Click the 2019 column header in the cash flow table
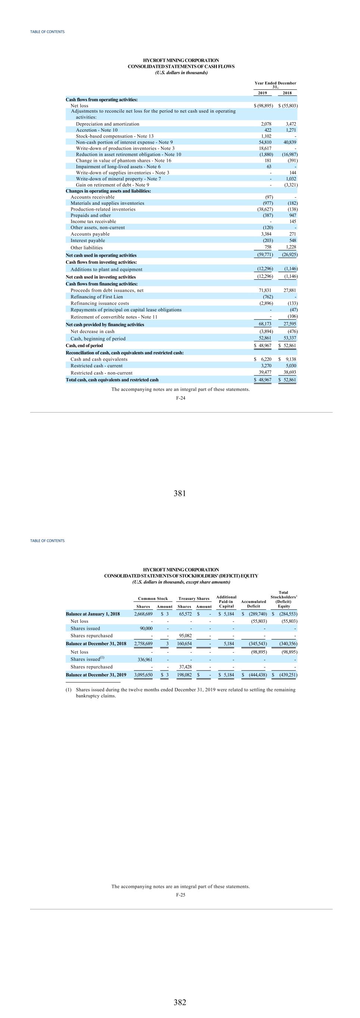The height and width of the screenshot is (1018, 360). (x=262, y=93)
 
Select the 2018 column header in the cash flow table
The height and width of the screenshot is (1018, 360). (x=287, y=93)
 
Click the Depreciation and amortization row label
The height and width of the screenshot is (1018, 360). (x=107, y=124)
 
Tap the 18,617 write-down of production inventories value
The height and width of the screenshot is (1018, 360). (x=265, y=148)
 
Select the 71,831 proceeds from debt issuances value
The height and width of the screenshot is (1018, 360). (x=265, y=290)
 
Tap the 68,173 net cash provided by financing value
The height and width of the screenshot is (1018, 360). (x=265, y=324)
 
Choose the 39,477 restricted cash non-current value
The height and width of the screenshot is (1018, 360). (x=265, y=372)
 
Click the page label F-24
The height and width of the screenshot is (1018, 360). (x=180, y=398)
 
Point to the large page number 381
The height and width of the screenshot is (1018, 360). (x=180, y=493)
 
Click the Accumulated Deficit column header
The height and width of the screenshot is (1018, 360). (x=253, y=604)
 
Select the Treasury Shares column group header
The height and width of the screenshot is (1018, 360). (x=194, y=599)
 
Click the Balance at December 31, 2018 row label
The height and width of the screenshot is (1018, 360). (x=96, y=644)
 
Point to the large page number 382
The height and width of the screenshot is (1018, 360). (x=180, y=1002)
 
